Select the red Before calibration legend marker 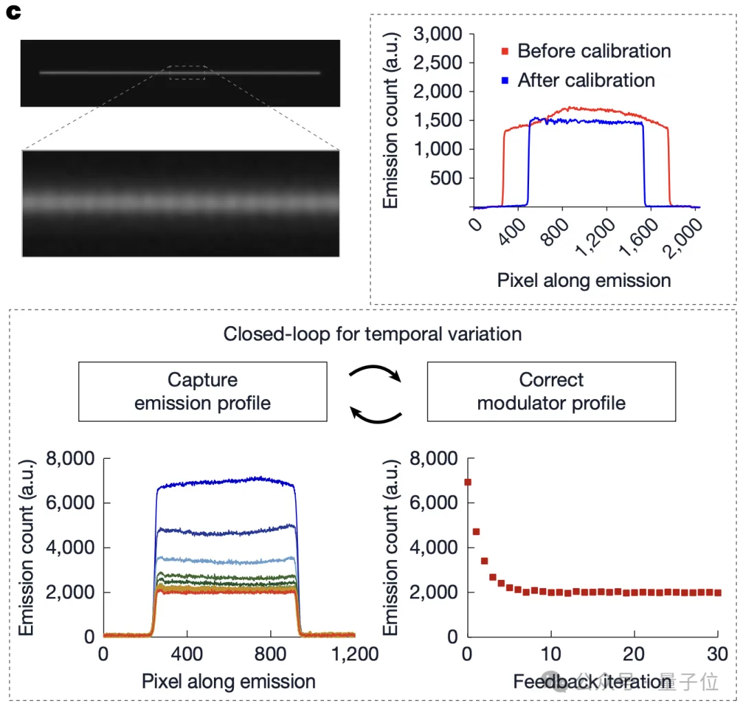pos(506,52)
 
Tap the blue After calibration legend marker pos(506,80)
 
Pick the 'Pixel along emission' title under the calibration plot pos(583,280)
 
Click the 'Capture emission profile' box pos(203,391)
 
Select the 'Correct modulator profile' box pos(551,391)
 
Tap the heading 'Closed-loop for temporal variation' pos(372,334)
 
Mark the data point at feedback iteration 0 pos(468,482)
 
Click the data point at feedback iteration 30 pos(718,592)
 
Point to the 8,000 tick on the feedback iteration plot pos(433,459)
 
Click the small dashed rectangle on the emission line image pos(187,72)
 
